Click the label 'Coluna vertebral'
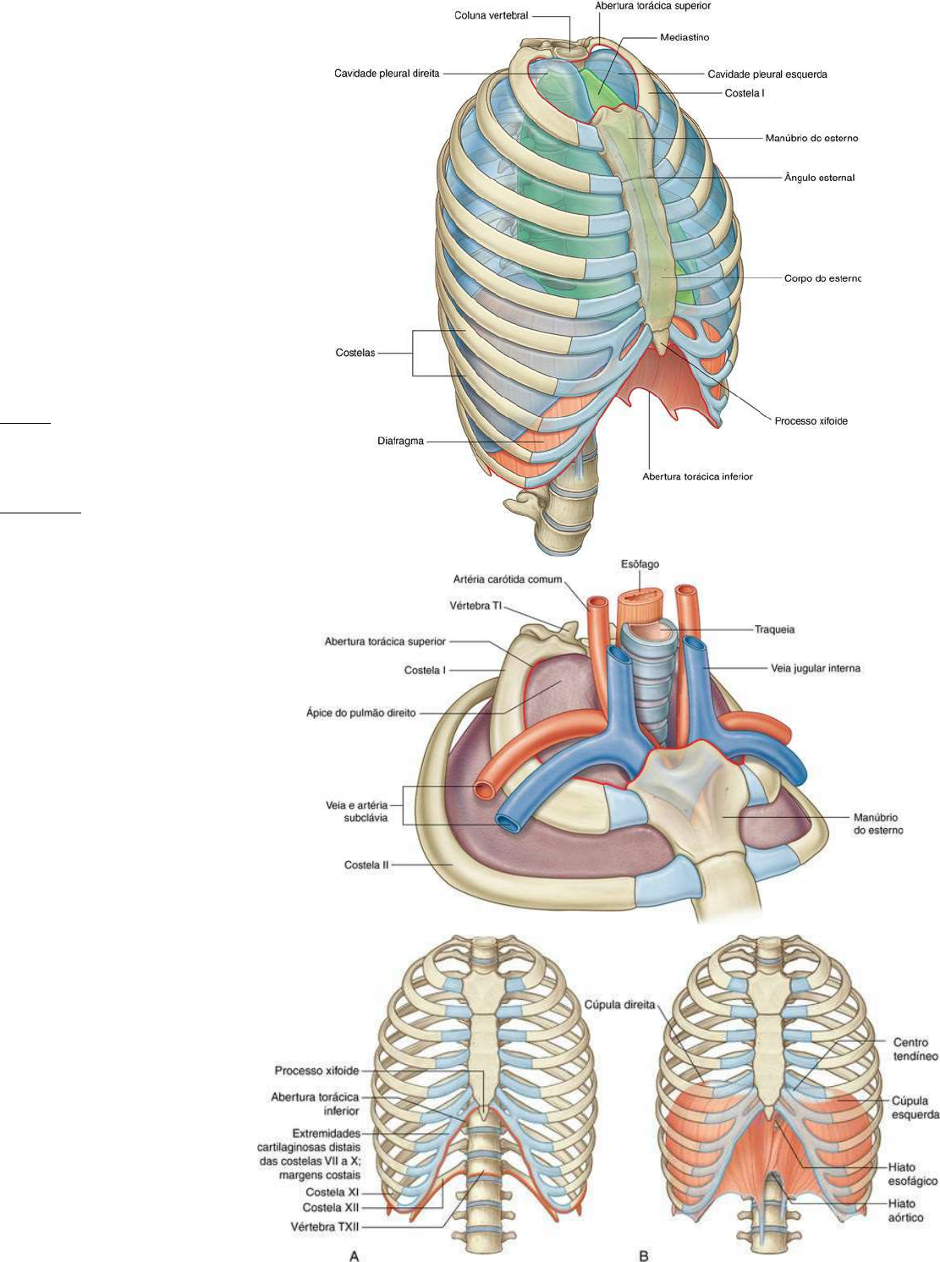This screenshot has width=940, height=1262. coord(491,15)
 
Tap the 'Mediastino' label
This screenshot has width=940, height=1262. coord(684,37)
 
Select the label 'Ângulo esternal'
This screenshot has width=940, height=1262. coord(819,178)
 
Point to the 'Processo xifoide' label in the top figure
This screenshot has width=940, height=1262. coord(811,420)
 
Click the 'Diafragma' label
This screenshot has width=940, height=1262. coord(400,441)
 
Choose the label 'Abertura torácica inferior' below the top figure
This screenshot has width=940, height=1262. coord(697,476)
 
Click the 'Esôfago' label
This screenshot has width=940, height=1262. coord(639,564)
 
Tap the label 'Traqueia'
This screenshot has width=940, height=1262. coord(774,629)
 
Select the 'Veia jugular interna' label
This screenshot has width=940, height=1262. coord(815,668)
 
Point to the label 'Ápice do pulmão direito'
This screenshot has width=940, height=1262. coord(360,713)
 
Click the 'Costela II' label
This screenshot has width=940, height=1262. coord(366,865)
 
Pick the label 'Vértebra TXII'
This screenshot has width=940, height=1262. coord(325,1226)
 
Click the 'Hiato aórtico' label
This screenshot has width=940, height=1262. coord(905,1210)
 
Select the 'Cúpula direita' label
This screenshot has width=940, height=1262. coord(619,1005)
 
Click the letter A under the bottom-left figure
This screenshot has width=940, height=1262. coord(355,1255)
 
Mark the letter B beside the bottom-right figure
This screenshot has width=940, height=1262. coord(644,1255)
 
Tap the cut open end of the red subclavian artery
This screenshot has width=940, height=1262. coord(485,790)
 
